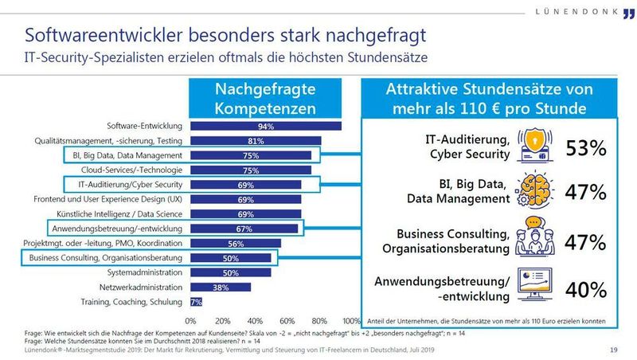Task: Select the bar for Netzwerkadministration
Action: (220, 288)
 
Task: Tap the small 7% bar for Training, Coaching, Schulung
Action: (195, 302)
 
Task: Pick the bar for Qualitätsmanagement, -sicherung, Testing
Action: (255, 141)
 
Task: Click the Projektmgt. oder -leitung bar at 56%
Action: (235, 244)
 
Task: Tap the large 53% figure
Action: (587, 149)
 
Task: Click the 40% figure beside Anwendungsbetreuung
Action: (587, 288)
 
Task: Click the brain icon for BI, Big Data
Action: (536, 192)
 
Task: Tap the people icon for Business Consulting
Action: (536, 239)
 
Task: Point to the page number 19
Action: (613, 350)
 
